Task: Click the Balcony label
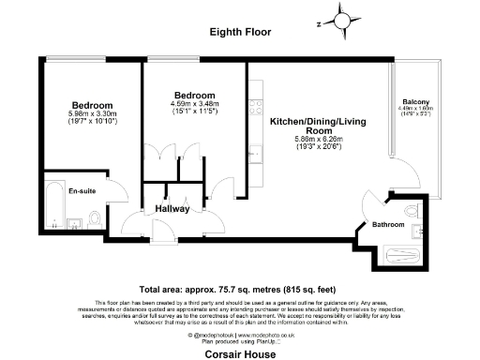[x=415, y=101]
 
